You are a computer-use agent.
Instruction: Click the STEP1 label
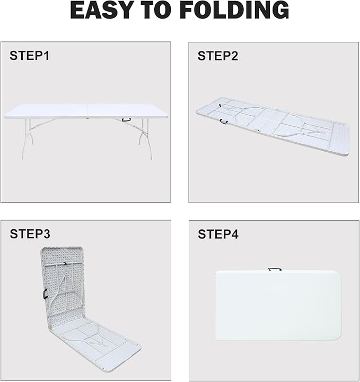pos(30,56)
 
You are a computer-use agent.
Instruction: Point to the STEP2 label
pos(218,56)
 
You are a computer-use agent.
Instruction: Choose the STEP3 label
pos(30,234)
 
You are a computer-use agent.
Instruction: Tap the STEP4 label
pos(218,234)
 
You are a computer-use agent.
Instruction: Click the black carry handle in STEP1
pos(126,119)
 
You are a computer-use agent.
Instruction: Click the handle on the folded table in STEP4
pos(275,269)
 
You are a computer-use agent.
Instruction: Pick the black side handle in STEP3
pos(45,294)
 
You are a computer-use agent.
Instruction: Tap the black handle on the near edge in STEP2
pos(223,121)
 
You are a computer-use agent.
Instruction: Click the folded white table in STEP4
pos(278,305)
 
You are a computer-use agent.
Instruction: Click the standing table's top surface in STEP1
pos(86,111)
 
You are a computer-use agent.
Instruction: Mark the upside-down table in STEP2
pos(273,126)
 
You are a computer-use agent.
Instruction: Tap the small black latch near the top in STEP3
pos(65,263)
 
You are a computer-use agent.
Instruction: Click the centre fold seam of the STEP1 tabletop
pos(87,111)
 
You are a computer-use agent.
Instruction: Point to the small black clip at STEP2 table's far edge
pos(220,106)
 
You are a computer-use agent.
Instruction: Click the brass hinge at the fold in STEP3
pos(51,328)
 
